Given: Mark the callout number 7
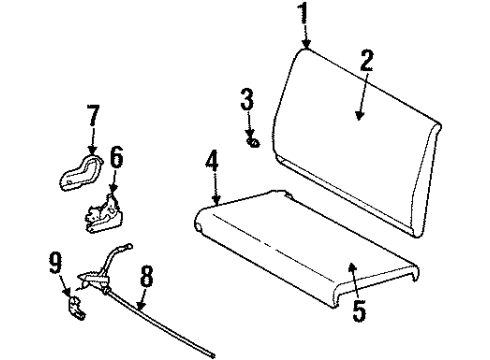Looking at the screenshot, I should pos(93,119).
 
